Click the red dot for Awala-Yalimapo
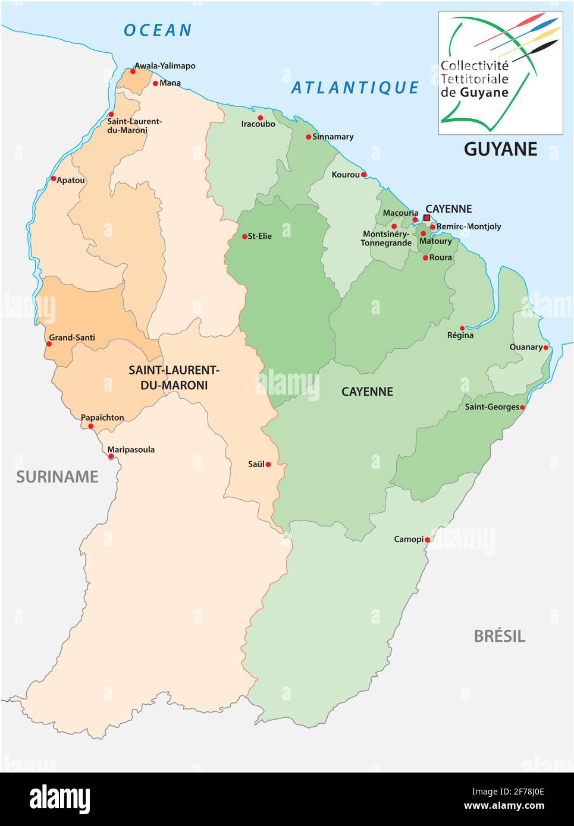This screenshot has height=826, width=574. click(x=133, y=71)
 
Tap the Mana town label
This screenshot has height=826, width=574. click(x=170, y=83)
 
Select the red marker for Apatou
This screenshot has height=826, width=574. click(x=54, y=178)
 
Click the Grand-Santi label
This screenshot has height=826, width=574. click(x=72, y=338)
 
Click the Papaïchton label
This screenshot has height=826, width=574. click(x=102, y=417)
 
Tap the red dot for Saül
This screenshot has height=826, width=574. click(x=268, y=464)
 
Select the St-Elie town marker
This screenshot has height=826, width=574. click(x=244, y=237)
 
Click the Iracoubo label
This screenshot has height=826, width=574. click(x=258, y=124)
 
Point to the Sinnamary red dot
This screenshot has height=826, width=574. click(x=308, y=137)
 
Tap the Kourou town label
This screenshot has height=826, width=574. click(x=346, y=175)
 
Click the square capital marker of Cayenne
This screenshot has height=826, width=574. click(x=426, y=218)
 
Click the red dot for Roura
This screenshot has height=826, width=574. click(x=425, y=257)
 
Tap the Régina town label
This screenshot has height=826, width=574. click(x=460, y=335)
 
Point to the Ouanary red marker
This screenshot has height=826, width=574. click(x=545, y=348)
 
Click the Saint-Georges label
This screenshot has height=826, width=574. click(x=492, y=407)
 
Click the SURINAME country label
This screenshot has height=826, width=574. click(x=57, y=477)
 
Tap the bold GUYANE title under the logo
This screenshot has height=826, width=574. click(x=500, y=149)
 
